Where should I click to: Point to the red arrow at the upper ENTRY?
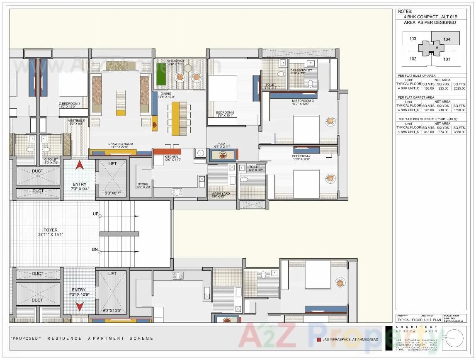[80, 166]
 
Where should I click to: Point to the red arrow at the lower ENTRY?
[79, 306]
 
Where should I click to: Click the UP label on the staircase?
[95, 214]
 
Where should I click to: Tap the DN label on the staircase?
[95, 250]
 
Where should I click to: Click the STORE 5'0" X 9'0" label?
[143, 185]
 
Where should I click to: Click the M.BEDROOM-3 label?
[303, 101]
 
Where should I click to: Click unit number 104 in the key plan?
[446, 39]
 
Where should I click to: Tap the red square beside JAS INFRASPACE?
[318, 339]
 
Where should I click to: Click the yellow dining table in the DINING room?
[176, 118]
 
